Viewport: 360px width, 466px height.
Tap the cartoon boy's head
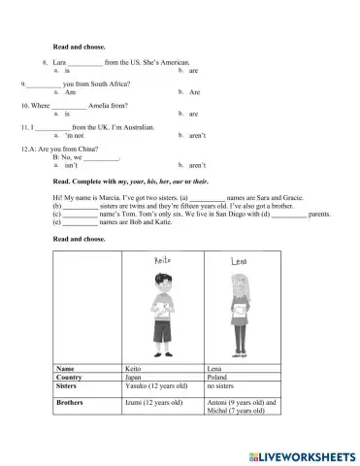click(159, 290)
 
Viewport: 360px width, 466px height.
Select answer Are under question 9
click(195, 92)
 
